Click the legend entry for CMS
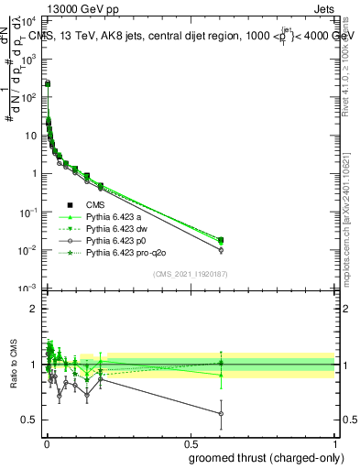click(x=97, y=205)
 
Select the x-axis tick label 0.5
click(x=190, y=442)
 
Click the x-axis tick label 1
click(x=334, y=442)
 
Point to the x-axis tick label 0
click(x=46, y=442)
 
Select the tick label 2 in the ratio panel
click(x=34, y=309)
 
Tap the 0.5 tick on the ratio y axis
click(x=29, y=420)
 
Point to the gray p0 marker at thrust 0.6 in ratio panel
click(x=220, y=414)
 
